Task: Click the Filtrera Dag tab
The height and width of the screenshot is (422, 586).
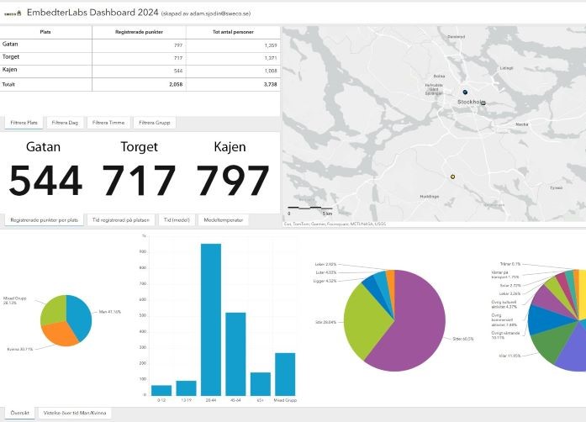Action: [64, 123]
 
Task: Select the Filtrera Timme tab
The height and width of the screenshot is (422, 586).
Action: [109, 123]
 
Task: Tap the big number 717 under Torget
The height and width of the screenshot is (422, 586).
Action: [139, 181]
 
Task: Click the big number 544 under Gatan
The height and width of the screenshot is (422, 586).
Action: [46, 181]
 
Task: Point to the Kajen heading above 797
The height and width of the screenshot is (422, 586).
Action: [230, 147]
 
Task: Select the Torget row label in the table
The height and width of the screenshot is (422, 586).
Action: [12, 56]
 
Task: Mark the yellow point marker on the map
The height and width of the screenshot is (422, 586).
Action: [452, 177]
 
